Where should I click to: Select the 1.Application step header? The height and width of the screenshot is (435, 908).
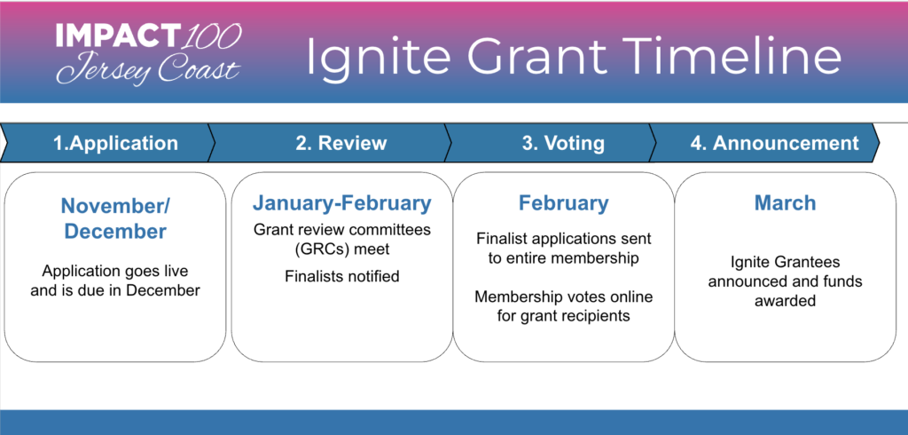tap(115, 143)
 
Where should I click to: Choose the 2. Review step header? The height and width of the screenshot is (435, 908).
tap(340, 143)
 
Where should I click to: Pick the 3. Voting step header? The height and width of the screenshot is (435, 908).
tap(563, 143)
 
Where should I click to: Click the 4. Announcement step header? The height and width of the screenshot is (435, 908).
tap(774, 143)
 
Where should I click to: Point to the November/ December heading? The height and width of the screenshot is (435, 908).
tap(115, 218)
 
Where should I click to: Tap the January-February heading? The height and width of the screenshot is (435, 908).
tap(341, 203)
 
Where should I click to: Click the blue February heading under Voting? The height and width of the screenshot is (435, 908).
tap(563, 203)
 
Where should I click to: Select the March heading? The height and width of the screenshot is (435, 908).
tap(785, 203)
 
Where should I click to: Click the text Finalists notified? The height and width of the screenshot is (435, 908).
tap(341, 276)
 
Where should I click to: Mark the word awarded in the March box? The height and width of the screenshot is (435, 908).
tap(785, 301)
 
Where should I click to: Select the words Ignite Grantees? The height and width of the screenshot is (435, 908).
tap(785, 263)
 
